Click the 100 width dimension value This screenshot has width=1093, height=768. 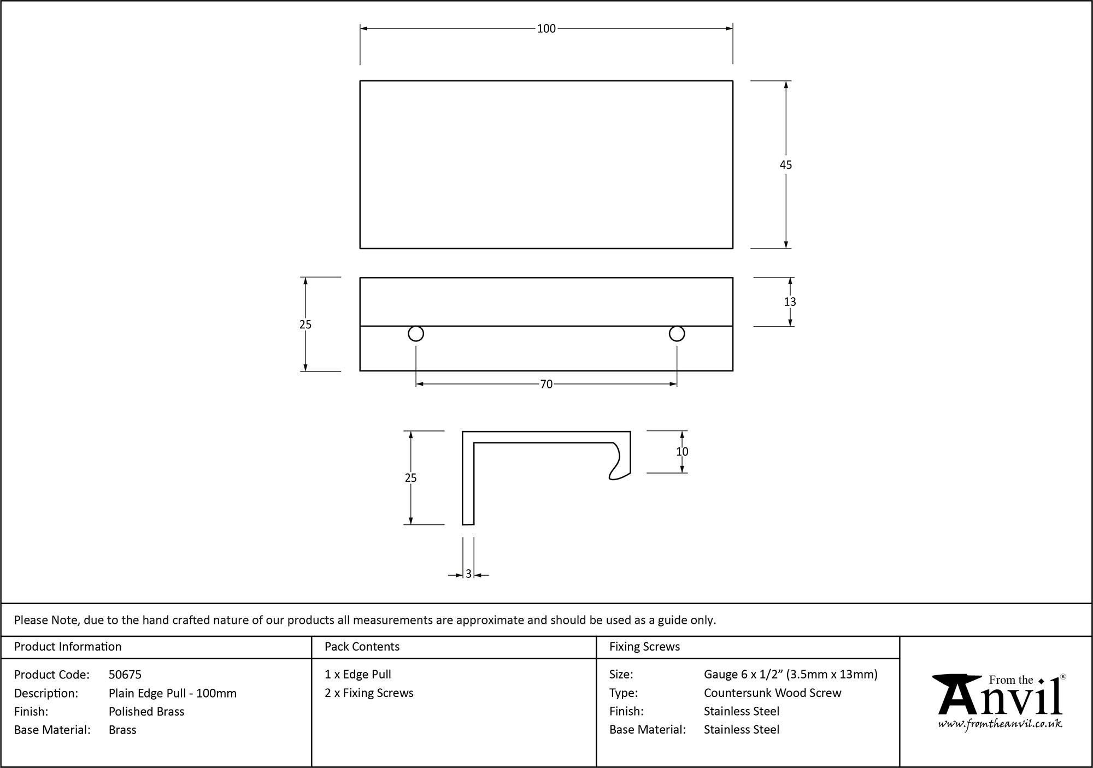coord(546,29)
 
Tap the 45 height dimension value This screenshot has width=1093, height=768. coord(785,165)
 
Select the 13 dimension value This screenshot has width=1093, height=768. coord(790,302)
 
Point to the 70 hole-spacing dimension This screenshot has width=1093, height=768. coord(546,385)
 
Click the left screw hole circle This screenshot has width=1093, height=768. coord(416,334)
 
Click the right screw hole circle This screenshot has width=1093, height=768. coord(677,334)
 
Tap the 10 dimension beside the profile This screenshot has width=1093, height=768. coord(681,452)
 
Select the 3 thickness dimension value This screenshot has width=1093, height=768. coord(468,575)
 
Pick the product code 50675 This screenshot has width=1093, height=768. coord(125,675)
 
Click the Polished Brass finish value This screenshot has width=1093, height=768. coord(146,711)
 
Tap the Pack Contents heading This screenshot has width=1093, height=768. coord(362,647)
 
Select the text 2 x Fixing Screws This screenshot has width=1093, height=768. coord(369,693)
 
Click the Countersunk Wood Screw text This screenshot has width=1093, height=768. coord(772,693)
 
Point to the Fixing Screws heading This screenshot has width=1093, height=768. coord(644,647)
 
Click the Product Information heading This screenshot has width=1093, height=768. coord(68,647)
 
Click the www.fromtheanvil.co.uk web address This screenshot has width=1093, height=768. coord(1000,724)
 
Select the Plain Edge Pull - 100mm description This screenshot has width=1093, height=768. coord(173,693)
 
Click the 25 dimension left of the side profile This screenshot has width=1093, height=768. coord(410,478)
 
